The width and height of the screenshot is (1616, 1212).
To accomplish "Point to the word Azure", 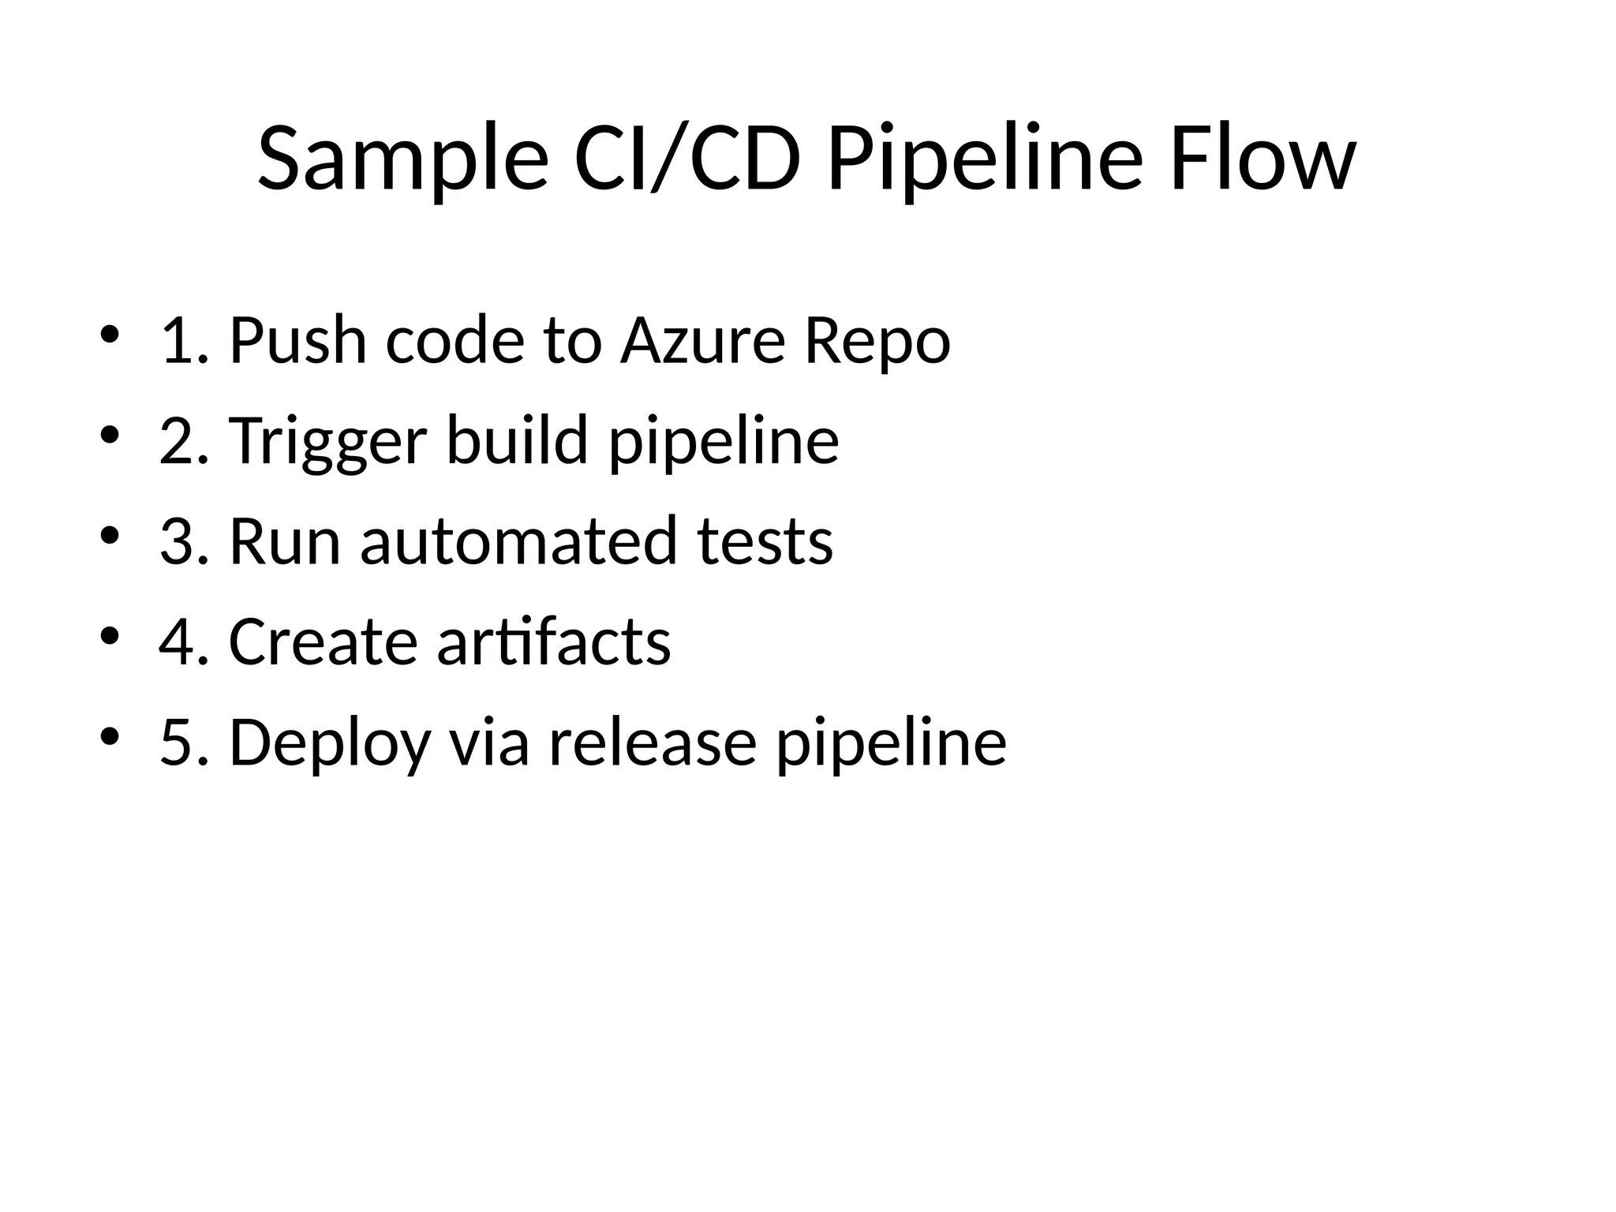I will tap(703, 341).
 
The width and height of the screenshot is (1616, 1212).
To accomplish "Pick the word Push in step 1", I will tap(298, 341).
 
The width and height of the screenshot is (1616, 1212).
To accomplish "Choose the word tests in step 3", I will tap(765, 541).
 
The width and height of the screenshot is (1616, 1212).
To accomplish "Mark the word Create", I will tap(324, 642).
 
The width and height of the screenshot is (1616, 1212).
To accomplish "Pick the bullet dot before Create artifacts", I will tap(110, 634).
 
